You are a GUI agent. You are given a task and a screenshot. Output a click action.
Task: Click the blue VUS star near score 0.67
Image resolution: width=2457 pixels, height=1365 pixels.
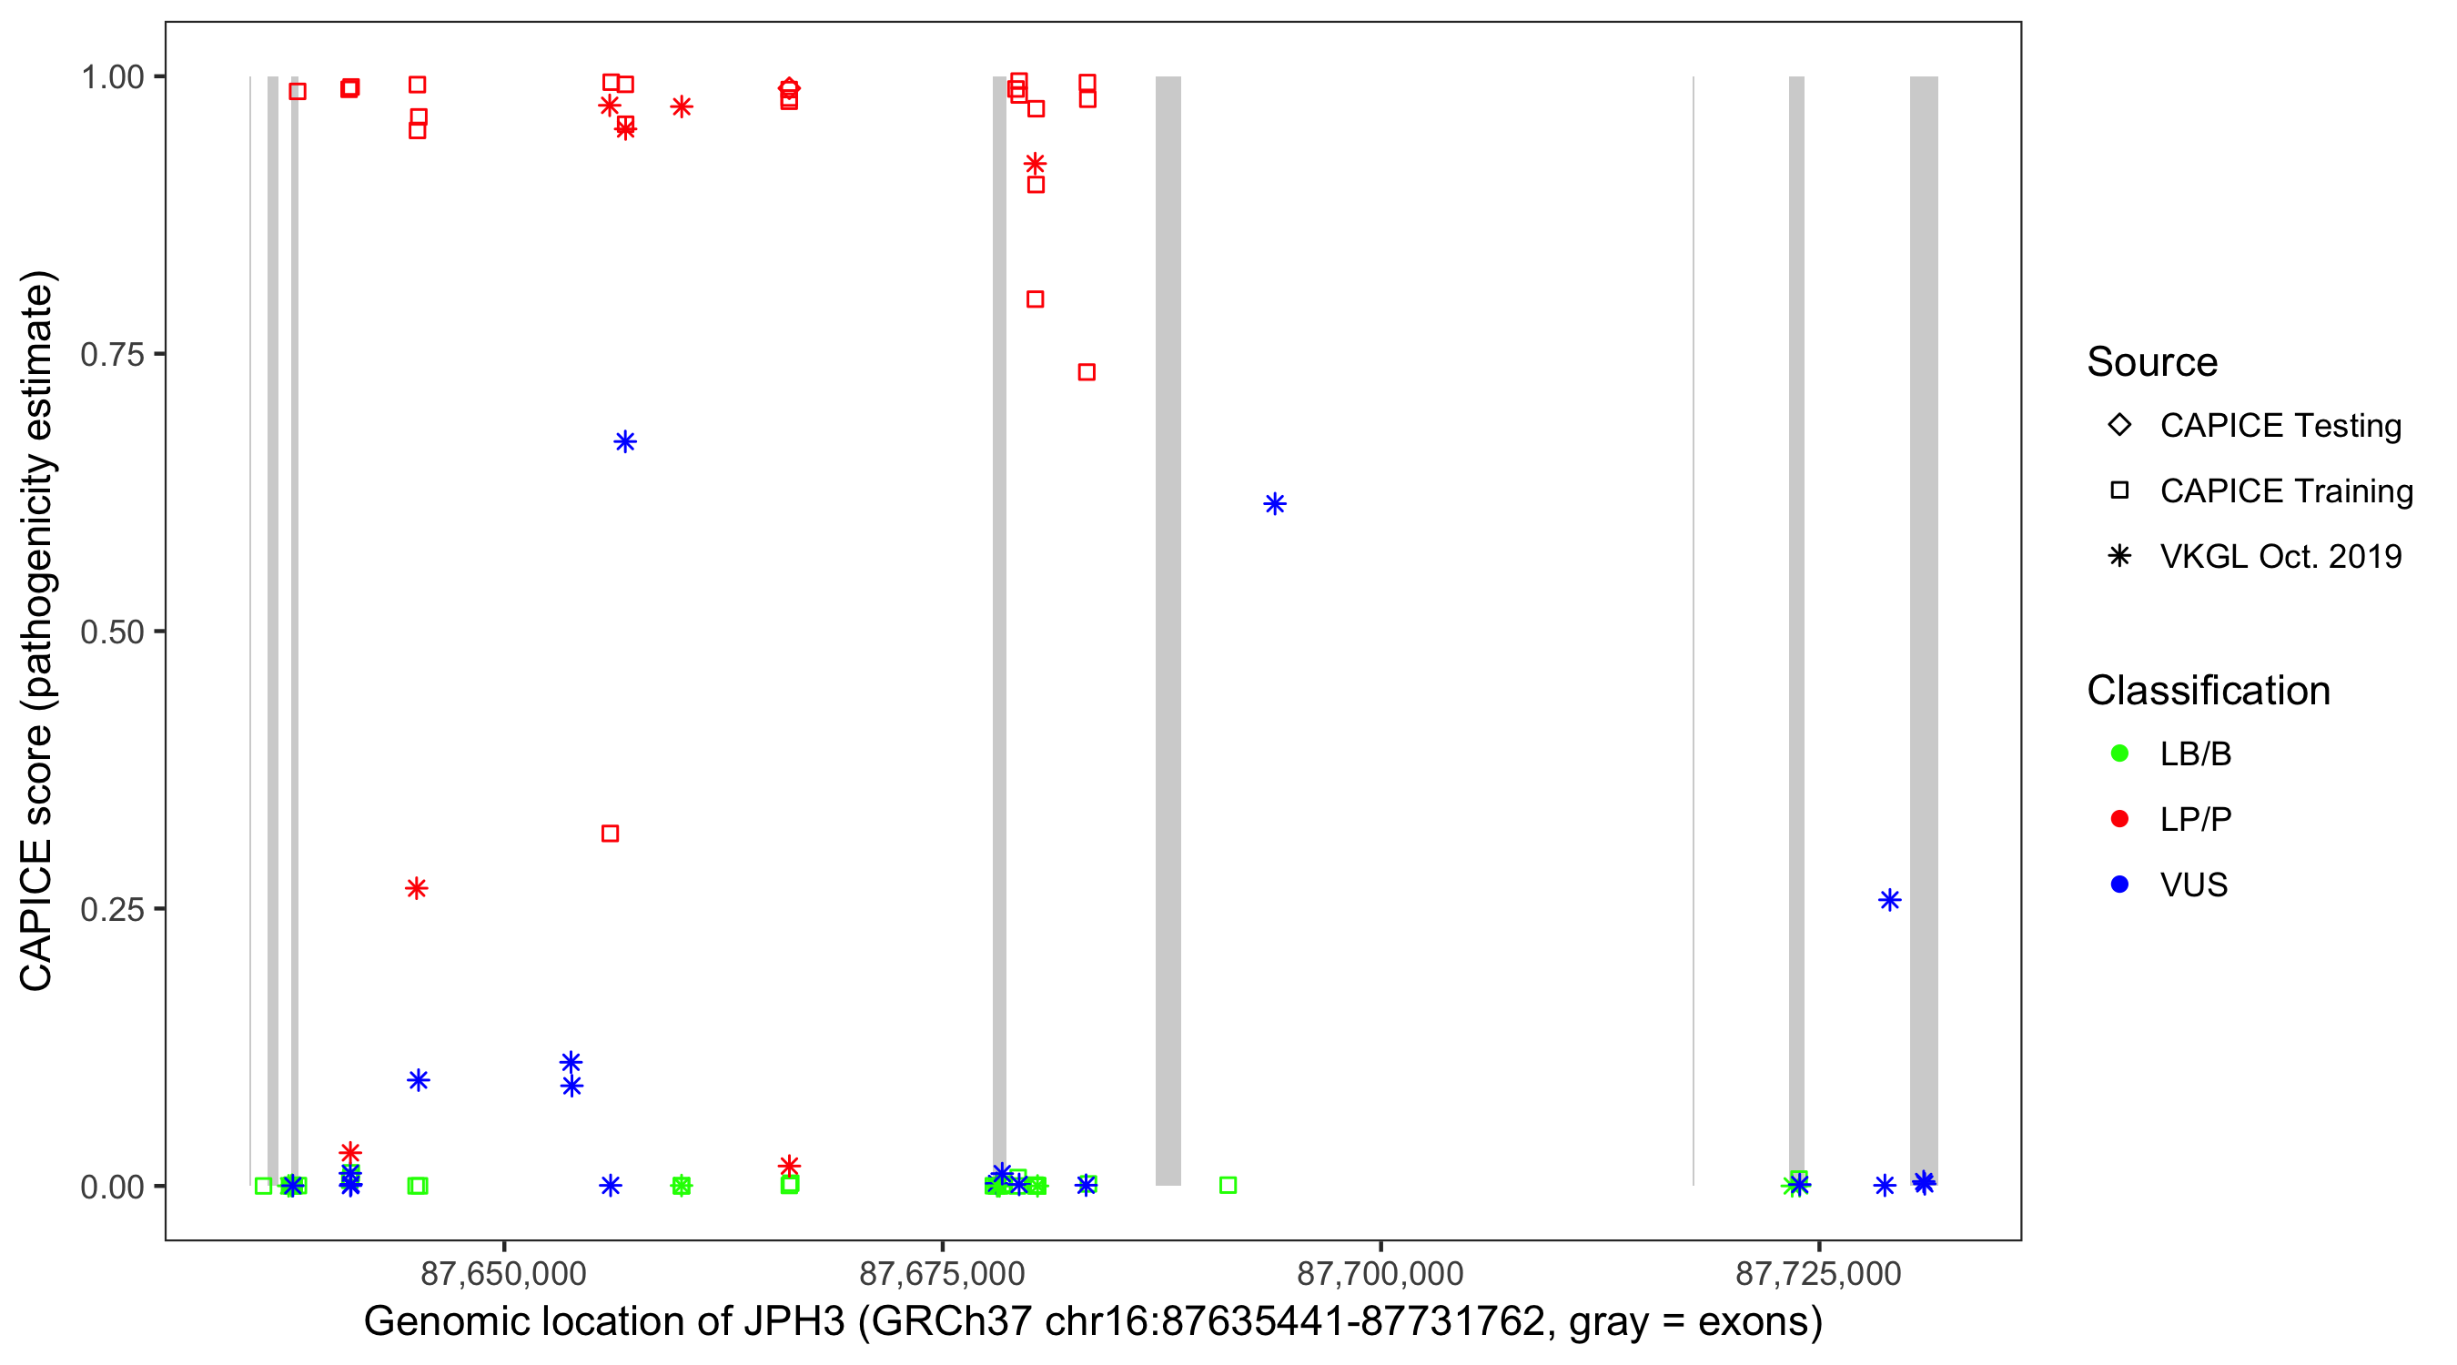pos(625,441)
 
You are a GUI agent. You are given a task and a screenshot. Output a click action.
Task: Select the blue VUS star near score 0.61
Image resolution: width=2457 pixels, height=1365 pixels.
pos(1274,503)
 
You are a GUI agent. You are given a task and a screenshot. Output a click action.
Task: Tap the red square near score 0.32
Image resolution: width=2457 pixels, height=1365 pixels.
pos(611,834)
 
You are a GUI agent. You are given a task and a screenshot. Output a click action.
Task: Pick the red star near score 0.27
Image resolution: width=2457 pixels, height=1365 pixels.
pos(417,888)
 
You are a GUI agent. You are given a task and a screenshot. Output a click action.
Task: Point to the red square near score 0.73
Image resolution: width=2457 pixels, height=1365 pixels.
pos(1087,372)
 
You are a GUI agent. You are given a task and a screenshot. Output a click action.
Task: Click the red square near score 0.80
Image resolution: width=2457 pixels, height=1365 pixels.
pos(1035,299)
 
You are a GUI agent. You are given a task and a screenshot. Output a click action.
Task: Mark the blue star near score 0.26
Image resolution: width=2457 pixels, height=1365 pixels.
pos(1889,901)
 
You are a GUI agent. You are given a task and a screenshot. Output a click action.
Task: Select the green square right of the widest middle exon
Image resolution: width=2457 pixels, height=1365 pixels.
pos(1228,1185)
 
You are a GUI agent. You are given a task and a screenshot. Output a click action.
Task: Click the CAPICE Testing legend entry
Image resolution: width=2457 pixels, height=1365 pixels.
pos(2280,426)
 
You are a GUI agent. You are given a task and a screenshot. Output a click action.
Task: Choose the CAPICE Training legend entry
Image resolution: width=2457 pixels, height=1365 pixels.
pos(2285,491)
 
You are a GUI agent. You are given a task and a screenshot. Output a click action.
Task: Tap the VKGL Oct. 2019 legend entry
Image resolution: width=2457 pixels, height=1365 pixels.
pos(2280,557)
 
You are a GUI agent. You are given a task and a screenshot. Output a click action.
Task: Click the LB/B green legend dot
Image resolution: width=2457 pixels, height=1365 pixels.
pos(2119,753)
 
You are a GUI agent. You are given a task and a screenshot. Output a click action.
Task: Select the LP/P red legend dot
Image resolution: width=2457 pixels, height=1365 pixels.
pos(2119,819)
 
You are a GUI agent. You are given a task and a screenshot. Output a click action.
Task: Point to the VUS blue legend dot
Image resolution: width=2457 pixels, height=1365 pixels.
pos(2119,885)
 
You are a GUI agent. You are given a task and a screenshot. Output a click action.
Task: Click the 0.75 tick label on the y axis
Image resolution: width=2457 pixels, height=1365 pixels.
pos(112,355)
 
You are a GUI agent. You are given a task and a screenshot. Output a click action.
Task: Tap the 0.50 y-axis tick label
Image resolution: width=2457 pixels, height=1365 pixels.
pos(112,632)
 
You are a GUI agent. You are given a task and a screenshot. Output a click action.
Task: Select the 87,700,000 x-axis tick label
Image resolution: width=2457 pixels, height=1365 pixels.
pos(1380,1273)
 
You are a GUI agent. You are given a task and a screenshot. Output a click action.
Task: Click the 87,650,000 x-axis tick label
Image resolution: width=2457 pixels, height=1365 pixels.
pos(503,1273)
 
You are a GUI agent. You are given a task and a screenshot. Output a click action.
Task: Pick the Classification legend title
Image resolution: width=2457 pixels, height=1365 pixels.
pos(2208,691)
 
